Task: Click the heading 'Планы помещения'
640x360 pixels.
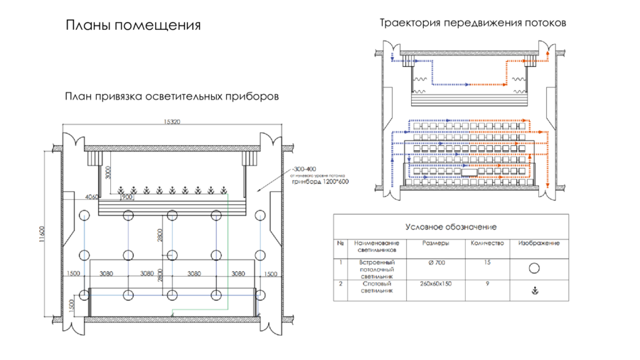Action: pos(133,26)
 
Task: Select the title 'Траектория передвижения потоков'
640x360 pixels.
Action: pos(473,23)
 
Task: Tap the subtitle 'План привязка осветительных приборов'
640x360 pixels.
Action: pos(171,96)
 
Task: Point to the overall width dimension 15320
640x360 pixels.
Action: pos(171,122)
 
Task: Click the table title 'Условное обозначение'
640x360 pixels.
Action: pos(451,227)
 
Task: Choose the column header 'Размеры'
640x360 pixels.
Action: pos(435,243)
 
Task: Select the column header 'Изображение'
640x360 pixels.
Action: pos(538,243)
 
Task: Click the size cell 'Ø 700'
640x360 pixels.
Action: pos(435,263)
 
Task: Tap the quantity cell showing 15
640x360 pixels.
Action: pos(487,263)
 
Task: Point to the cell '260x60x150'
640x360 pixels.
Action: pos(435,283)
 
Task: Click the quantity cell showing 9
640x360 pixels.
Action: pos(487,283)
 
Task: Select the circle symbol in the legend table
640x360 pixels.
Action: pos(534,268)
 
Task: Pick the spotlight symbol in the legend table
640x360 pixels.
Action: pos(534,291)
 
